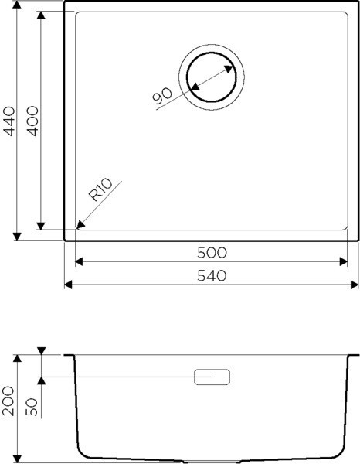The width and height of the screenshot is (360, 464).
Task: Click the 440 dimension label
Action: tap(10, 121)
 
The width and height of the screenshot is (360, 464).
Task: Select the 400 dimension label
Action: tap(32, 121)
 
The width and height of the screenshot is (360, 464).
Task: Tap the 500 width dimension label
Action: tap(212, 253)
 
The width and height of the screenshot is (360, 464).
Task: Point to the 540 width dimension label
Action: tap(212, 276)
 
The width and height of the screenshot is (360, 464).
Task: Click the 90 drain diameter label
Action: tap(162, 96)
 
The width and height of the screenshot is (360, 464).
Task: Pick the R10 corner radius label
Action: tap(100, 189)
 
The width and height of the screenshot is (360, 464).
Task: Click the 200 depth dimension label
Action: tap(8, 401)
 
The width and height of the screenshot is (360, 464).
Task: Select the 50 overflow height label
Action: tap(32, 408)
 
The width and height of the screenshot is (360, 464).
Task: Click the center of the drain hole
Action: tap(212, 77)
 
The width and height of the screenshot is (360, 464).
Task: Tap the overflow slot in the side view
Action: tap(212, 377)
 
